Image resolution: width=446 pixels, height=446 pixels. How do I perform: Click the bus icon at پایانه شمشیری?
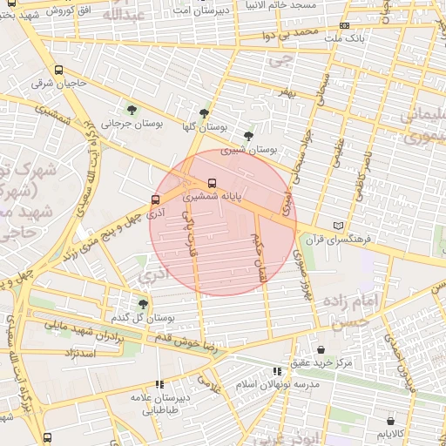[x=213, y=184]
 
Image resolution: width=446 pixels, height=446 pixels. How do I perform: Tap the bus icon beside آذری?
[x=155, y=199]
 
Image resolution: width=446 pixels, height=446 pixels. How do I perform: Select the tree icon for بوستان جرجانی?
[x=132, y=110]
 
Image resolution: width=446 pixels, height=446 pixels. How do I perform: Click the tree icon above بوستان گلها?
[x=204, y=113]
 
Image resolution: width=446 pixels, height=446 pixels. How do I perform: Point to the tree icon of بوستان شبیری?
[x=249, y=135]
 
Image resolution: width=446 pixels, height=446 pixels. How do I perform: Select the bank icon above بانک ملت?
[x=344, y=26]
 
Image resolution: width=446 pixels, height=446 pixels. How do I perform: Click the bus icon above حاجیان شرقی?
[x=58, y=71]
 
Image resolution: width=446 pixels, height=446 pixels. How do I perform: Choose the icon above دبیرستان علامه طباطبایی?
[x=159, y=384]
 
